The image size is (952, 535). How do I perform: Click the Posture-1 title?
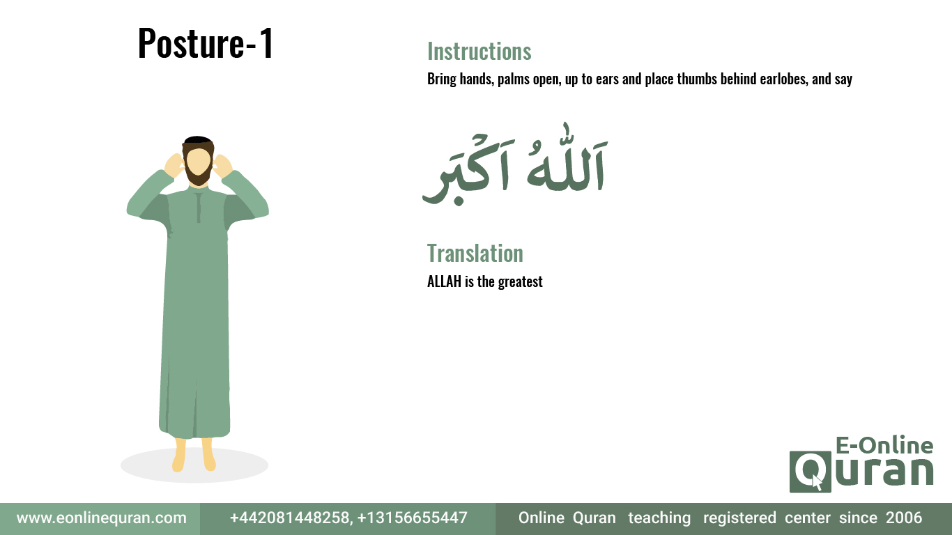(x=206, y=43)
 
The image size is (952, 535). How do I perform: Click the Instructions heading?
(x=479, y=52)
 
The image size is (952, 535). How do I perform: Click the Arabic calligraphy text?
(x=515, y=165)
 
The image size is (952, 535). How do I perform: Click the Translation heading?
(x=475, y=254)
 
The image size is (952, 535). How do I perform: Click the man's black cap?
(x=198, y=140)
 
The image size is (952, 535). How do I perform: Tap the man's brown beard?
(x=198, y=174)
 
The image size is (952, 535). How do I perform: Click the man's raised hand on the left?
(x=174, y=166)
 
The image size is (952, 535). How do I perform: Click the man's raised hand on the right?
(x=222, y=166)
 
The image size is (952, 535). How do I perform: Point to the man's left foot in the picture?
(x=179, y=455)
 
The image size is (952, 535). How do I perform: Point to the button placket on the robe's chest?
(x=199, y=208)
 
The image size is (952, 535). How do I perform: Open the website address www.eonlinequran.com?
(x=102, y=518)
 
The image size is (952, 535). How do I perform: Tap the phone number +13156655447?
(x=413, y=518)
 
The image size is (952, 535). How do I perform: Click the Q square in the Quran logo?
(x=810, y=472)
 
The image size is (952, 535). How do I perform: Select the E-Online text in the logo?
(x=884, y=445)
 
